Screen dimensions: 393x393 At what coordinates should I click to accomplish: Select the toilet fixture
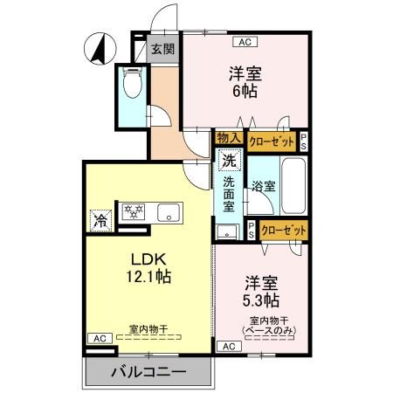coord(133,86)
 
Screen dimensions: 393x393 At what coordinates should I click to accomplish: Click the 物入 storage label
coord(229,138)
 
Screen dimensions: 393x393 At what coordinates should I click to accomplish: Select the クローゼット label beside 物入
coord(272,138)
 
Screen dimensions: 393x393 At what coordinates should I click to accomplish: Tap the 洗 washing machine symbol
coord(228,161)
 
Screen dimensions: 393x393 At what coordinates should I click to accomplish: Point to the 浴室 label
coord(263,185)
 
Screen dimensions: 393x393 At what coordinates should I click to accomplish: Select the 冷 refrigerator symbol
coord(101,221)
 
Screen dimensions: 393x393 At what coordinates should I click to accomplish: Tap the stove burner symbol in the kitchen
coord(135,212)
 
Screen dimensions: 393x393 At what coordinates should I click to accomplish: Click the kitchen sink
coord(167,212)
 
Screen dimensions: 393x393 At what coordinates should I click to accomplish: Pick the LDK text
coord(146,259)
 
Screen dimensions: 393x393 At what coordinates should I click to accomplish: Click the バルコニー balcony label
coord(148,373)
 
